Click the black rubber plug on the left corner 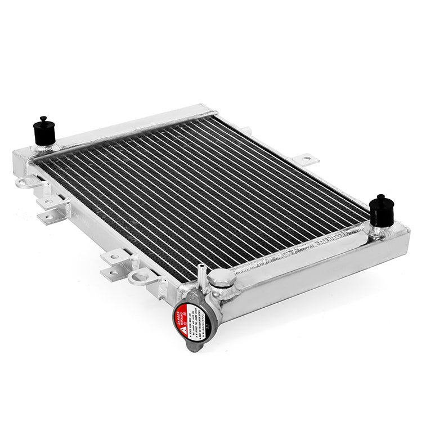(x=43, y=132)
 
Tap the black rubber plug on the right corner (x=381, y=212)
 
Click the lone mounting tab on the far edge (x=306, y=159)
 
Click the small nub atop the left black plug (x=43, y=119)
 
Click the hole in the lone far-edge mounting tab (x=307, y=159)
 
